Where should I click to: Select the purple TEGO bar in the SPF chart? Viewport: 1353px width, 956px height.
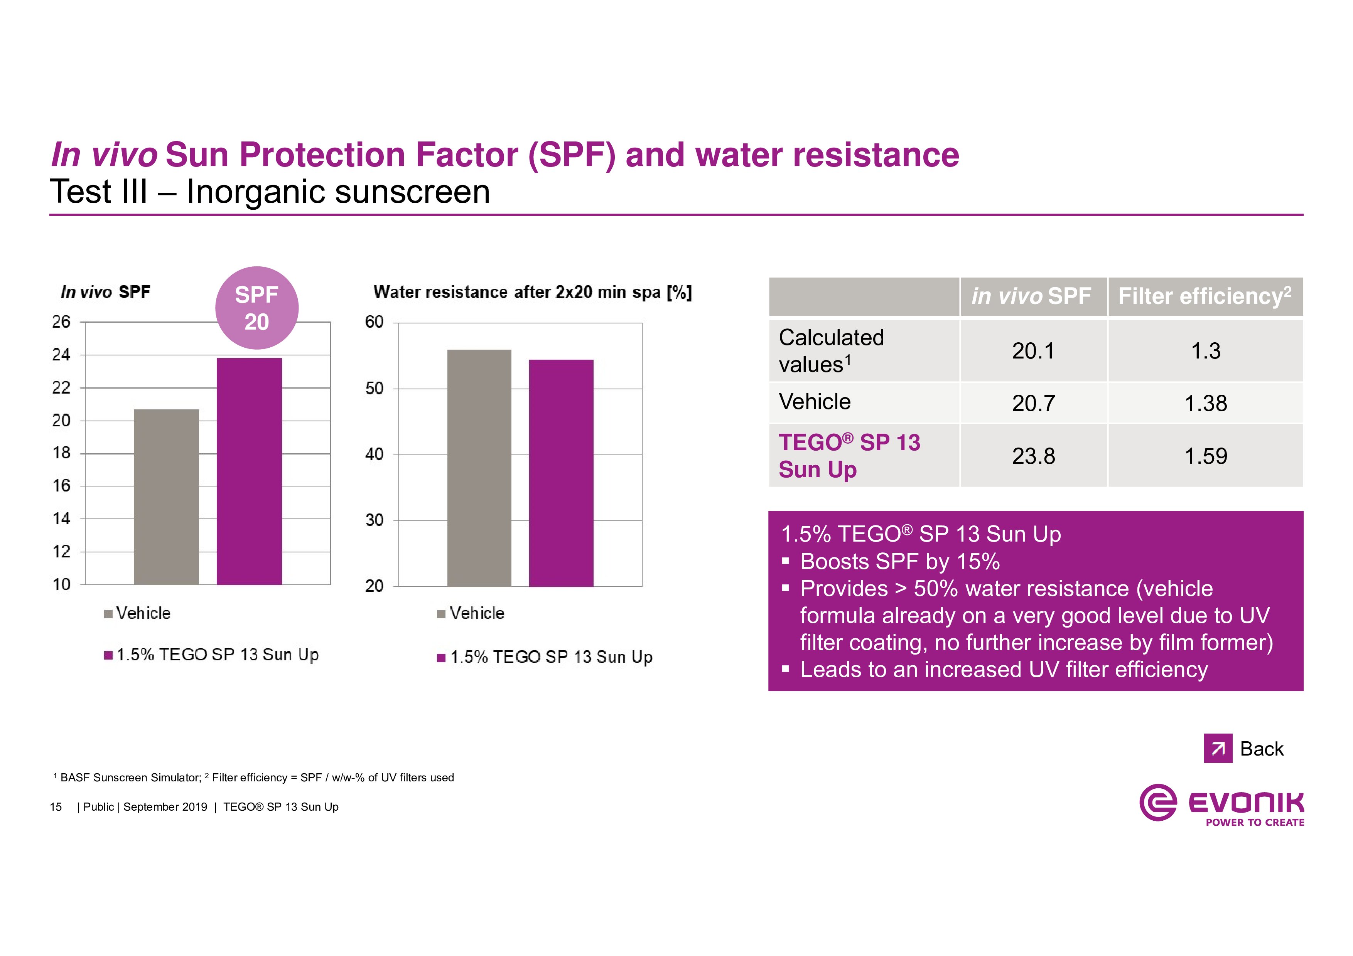(249, 471)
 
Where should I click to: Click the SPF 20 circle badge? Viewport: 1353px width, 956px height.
(257, 308)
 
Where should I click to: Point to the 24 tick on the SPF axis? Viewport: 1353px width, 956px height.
(61, 355)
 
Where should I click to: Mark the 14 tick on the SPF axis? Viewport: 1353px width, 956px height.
(61, 519)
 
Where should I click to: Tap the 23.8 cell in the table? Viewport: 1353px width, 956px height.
(1034, 456)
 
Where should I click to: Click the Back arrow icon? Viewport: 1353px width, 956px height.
(1218, 749)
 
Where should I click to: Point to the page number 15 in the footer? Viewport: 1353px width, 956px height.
(56, 807)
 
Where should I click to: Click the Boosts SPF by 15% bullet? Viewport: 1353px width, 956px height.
(899, 562)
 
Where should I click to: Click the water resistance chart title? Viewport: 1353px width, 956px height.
(532, 292)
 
